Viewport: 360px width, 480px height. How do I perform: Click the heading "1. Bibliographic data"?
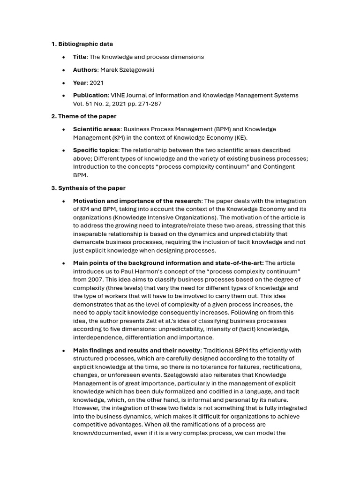pos(82,44)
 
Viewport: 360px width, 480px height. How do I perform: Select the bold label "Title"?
pos(80,57)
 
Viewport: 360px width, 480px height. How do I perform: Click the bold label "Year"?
pos(80,82)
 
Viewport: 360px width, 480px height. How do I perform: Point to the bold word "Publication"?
pos(90,95)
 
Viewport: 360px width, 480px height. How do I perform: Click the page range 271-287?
pos(150,104)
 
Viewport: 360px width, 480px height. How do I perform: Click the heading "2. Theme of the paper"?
pos(84,116)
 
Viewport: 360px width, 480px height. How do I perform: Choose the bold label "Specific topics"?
pos(96,150)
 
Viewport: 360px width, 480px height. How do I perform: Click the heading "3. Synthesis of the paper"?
pos(88,188)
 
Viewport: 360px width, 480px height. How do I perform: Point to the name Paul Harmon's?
pos(135,271)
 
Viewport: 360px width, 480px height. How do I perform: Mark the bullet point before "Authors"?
pos(63,70)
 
